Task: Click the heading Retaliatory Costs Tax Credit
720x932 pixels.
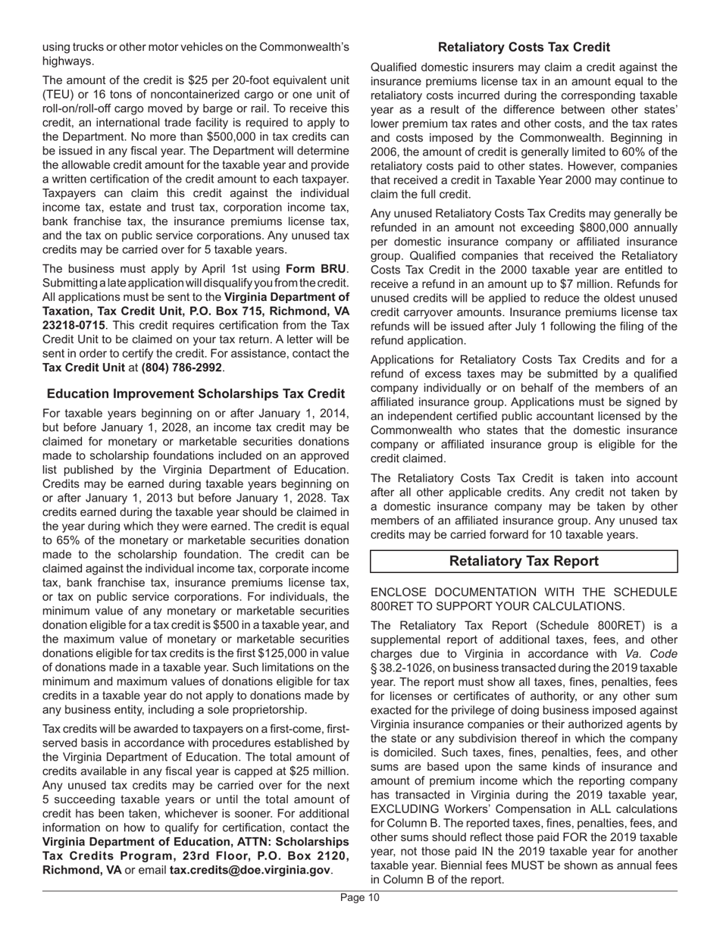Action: [x=524, y=47]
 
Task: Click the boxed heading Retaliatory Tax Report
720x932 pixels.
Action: [x=524, y=561]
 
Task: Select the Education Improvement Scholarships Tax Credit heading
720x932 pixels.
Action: [x=196, y=394]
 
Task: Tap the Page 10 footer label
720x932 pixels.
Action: [x=359, y=898]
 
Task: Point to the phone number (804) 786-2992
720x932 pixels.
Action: [x=182, y=367]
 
